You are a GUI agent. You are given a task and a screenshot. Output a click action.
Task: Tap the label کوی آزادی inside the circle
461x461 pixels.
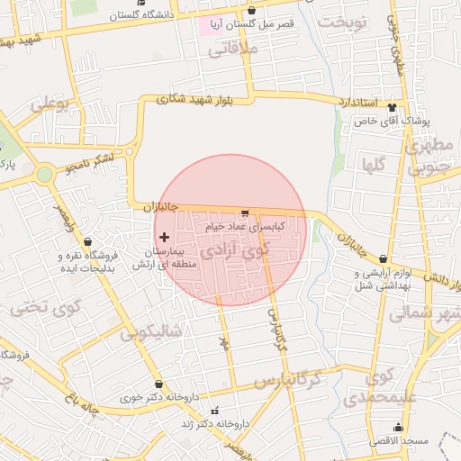tap(236, 251)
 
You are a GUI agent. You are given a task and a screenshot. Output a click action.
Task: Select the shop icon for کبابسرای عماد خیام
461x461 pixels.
tap(245, 212)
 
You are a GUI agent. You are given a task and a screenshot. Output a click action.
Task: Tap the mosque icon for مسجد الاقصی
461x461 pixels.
tap(398, 427)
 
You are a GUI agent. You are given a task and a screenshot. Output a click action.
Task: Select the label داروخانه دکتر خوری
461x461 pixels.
tap(167, 396)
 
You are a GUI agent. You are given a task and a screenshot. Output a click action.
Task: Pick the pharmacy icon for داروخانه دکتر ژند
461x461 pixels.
tap(215, 422)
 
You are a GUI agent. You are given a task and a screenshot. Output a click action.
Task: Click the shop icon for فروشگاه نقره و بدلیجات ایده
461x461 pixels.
tap(87, 241)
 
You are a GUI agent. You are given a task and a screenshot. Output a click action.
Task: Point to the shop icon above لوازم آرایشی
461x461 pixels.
tap(384, 259)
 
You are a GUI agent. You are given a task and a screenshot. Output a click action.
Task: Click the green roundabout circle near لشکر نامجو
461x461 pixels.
tap(45, 174)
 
